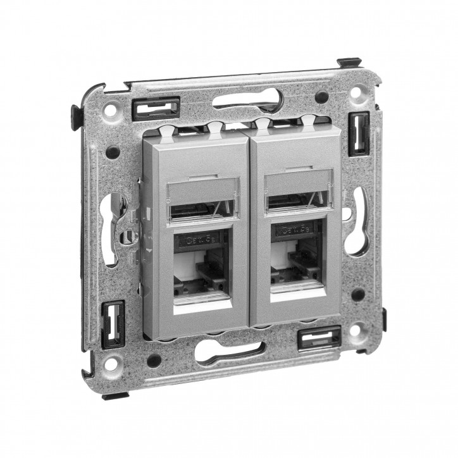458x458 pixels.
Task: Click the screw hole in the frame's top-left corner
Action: pyautogui.click(x=112, y=109)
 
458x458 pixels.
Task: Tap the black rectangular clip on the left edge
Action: pyautogui.click(x=113, y=319)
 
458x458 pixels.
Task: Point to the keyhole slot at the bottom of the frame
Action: pyautogui.click(x=234, y=350)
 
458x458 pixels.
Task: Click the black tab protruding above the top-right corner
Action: pyautogui.click(x=349, y=63)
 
